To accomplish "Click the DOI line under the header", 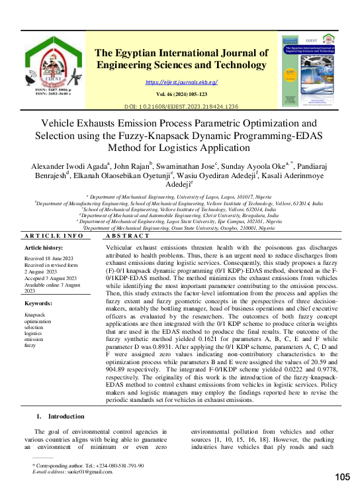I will pyautogui.click(x=181, y=107).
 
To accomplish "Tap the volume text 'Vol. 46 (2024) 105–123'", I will pyautogui.click(x=181, y=95).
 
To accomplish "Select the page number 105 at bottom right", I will pyautogui.click(x=342, y=477).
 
